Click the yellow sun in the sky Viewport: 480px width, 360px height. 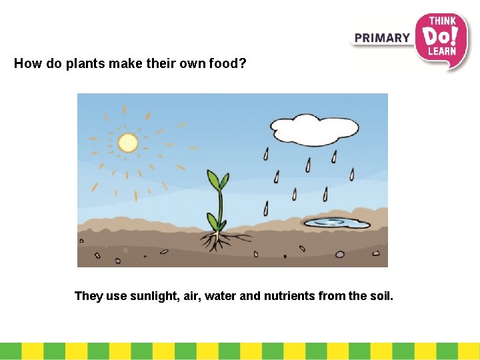(x=127, y=142)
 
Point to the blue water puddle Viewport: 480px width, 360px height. (x=333, y=222)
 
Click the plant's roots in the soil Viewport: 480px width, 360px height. (x=217, y=241)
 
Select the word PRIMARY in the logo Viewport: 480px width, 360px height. (x=382, y=38)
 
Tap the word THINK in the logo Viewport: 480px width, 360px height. (x=441, y=21)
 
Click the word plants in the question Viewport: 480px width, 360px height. (x=83, y=64)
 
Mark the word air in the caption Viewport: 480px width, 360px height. (x=190, y=295)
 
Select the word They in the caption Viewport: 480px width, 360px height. (x=89, y=295)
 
